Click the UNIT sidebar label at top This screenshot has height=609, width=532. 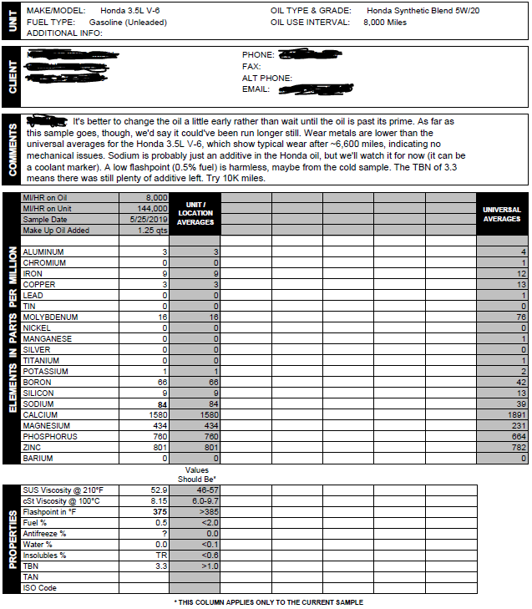point(12,22)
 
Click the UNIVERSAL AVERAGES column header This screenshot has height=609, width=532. point(502,214)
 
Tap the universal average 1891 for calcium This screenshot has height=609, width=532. point(519,415)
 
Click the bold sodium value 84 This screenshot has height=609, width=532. point(163,404)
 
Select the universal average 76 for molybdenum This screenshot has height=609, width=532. point(522,317)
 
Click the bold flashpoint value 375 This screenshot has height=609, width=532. point(160,511)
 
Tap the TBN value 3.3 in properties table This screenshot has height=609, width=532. point(162,566)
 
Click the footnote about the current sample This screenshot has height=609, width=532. point(268,601)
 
